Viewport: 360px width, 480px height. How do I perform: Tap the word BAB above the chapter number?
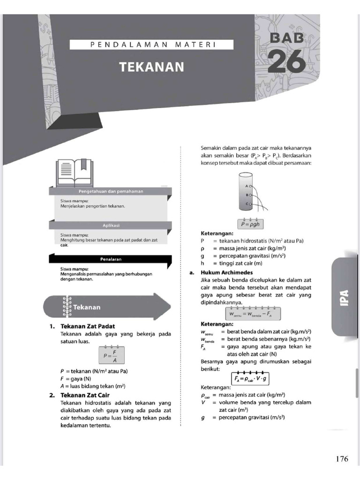pos(287,37)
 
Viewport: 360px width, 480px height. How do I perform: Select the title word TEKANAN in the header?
pos(151,67)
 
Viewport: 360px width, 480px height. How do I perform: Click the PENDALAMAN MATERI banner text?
pos(151,45)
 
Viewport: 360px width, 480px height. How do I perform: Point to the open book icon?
pos(73,172)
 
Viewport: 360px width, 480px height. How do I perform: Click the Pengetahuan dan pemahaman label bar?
pos(111,191)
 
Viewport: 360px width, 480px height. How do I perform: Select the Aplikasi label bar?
pos(111,225)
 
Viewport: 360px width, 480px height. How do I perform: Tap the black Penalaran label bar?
pos(111,259)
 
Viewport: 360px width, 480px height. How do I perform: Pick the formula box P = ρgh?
pos(253,224)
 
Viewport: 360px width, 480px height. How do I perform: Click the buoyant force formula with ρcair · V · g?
pos(251,378)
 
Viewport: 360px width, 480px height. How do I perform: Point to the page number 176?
pos(342,459)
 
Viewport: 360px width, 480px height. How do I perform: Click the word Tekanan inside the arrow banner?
pos(87,307)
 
